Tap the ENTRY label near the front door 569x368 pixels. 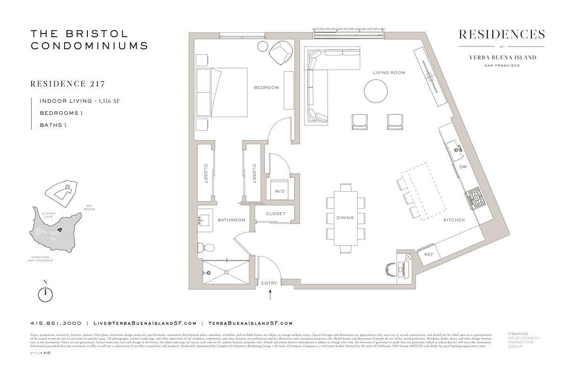coord(269,283)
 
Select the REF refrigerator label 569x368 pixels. coord(429,254)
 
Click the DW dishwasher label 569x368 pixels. coord(463,166)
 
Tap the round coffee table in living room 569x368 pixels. coord(376,91)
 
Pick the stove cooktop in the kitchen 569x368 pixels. coord(476,198)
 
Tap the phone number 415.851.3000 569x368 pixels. coord(56,323)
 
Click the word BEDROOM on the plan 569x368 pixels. coord(266,87)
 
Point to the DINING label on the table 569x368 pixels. coord(345,217)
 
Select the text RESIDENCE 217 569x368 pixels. coord(67,84)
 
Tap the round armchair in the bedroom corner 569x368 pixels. coord(281,53)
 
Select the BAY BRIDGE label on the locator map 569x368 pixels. coord(90,208)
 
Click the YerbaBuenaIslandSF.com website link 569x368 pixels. coord(250,323)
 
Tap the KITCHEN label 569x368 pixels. coord(454,220)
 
